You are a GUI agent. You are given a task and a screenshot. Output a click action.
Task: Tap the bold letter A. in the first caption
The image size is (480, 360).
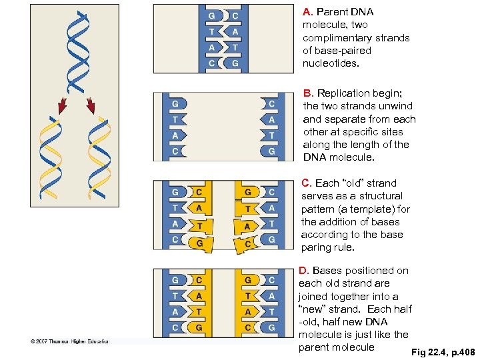click(307, 12)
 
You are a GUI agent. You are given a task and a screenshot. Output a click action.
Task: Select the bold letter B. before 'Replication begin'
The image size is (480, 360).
click(308, 93)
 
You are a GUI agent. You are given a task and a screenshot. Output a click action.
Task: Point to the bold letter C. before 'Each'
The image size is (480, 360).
click(307, 183)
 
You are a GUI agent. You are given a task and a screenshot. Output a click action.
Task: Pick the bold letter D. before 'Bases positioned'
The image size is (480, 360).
click(304, 271)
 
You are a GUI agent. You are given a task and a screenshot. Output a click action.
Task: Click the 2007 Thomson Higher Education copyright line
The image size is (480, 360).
click(69, 341)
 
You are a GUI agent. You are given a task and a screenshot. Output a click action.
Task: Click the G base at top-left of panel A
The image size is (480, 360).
click(211, 15)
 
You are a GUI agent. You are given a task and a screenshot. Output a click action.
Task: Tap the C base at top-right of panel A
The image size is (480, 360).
click(236, 15)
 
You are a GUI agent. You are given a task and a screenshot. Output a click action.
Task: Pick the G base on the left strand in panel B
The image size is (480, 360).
click(175, 104)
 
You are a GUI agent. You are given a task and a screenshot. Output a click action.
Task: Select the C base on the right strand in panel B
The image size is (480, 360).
click(271, 104)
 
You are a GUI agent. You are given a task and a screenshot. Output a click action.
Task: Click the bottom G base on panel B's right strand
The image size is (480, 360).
click(271, 151)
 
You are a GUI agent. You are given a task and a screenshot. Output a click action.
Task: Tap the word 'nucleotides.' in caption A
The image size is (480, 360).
click(331, 63)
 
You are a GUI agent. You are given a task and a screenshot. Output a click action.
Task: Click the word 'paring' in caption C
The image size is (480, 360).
click(317, 247)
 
